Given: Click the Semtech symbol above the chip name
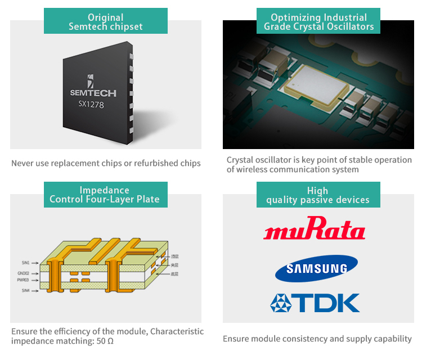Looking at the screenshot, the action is coord(91,80).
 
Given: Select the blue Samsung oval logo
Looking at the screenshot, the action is coord(316,268).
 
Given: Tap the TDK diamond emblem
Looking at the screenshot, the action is coord(281,303).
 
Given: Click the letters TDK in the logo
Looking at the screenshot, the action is coord(329,303).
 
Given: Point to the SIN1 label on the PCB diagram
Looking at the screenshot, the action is coord(25,263).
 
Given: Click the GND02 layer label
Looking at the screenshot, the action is coord(24,274).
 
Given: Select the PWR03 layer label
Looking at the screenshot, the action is coord(24,280).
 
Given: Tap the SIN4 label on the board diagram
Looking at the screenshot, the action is coord(25,290).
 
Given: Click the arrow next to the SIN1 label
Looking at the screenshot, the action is coord(34,263).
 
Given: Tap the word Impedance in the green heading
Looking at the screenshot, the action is coord(105,190).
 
